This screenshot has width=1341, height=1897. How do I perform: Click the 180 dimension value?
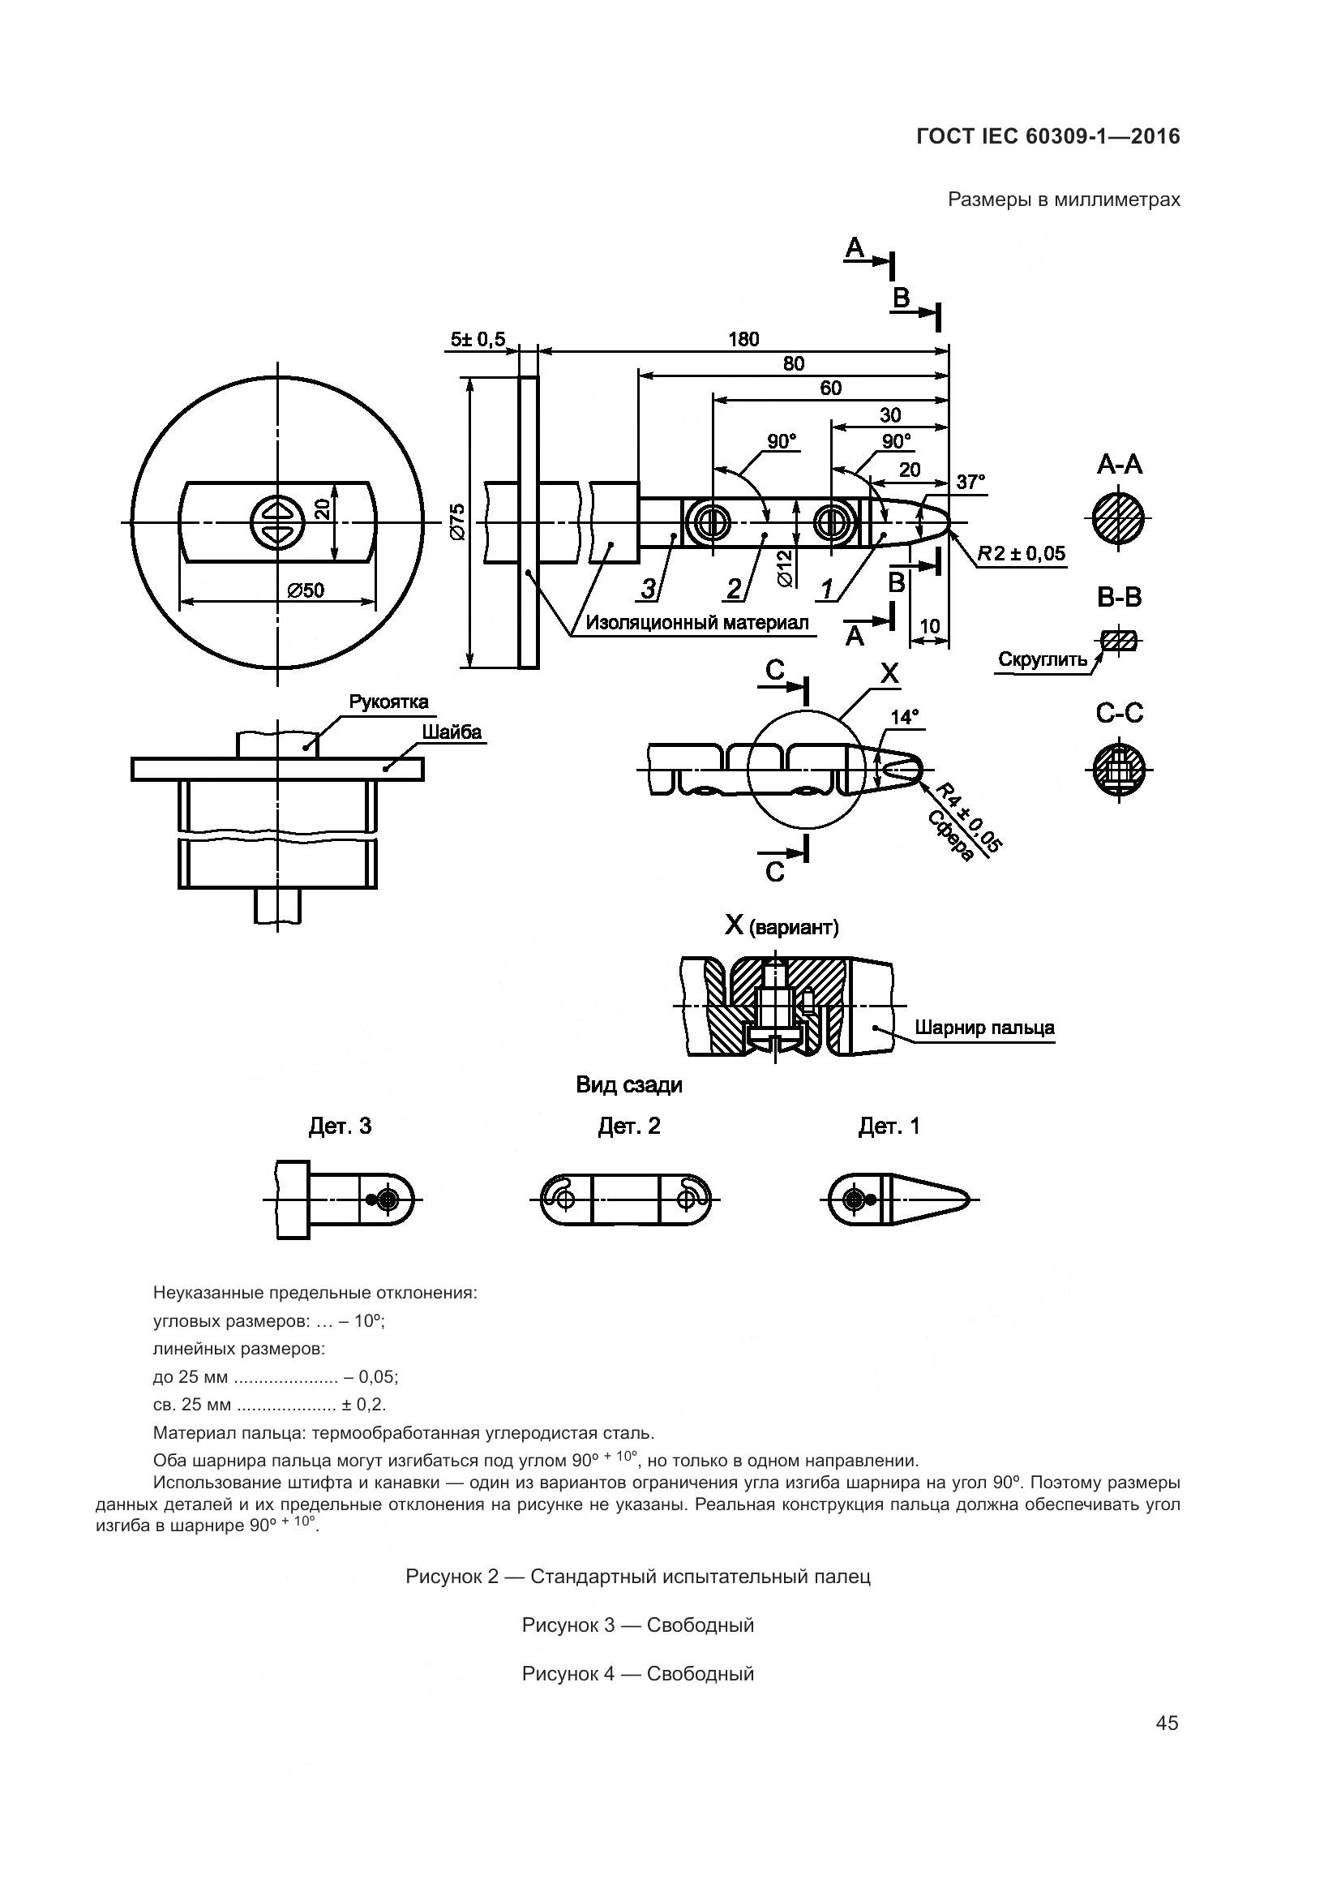tap(743, 339)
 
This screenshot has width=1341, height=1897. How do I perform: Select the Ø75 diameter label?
tap(458, 521)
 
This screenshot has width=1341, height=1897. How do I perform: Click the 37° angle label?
tap(970, 482)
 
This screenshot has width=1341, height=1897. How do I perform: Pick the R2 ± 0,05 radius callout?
tap(1022, 554)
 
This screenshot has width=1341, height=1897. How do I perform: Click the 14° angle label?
tap(905, 717)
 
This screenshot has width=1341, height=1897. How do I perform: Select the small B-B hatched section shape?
tap(1119, 641)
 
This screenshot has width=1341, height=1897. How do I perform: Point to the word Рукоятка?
tap(388, 702)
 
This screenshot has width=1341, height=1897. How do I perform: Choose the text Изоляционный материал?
tap(697, 623)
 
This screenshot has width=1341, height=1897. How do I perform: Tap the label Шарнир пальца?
tap(984, 1028)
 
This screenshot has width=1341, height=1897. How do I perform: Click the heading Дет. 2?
tap(629, 1127)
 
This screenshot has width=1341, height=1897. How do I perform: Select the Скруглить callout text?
tap(1043, 659)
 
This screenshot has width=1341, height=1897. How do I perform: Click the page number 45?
tap(1167, 1723)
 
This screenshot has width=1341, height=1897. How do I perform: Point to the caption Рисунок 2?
tap(637, 1577)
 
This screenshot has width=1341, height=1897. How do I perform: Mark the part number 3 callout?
tap(649, 588)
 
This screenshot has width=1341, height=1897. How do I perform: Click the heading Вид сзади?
tap(629, 1085)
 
